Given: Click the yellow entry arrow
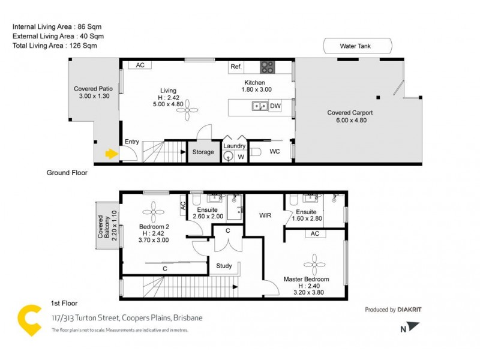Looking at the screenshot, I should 111,154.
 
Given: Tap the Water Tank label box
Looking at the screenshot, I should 357,46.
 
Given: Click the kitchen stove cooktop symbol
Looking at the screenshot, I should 267,67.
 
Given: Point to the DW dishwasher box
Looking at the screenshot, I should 275,106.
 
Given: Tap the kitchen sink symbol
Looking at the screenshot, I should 259,106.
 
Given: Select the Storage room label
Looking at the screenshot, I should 203,152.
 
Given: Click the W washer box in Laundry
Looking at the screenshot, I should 241,157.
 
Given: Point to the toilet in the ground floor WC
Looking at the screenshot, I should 254,152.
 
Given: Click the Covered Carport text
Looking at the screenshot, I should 350,113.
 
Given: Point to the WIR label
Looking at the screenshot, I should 265,215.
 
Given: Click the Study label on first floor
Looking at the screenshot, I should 224,265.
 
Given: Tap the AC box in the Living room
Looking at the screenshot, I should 140,65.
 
